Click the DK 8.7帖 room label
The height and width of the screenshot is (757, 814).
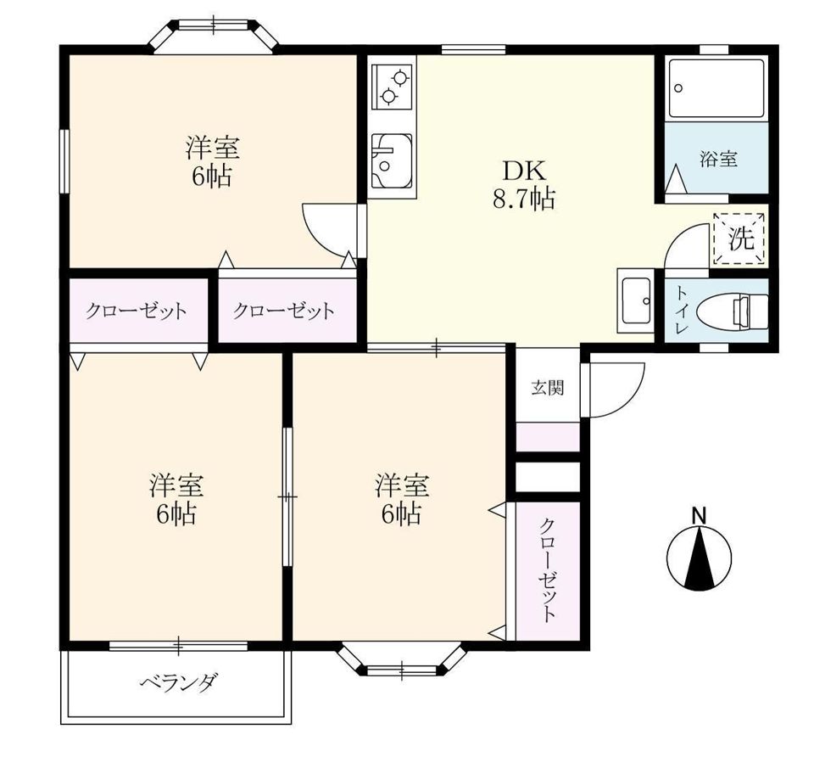click(524, 184)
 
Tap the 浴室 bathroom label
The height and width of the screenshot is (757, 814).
click(717, 159)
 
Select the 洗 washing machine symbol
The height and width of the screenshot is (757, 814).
click(741, 238)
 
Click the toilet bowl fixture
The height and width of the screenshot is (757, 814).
click(747, 310)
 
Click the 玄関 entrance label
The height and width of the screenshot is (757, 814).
click(547, 389)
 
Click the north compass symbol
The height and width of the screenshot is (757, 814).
click(699, 559)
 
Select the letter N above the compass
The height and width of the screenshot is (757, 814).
click(699, 515)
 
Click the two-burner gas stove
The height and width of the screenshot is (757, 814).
click(391, 85)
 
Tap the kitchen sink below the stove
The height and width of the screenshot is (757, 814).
click(390, 161)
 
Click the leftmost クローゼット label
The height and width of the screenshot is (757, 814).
click(136, 311)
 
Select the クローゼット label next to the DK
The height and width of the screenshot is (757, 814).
click(283, 311)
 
